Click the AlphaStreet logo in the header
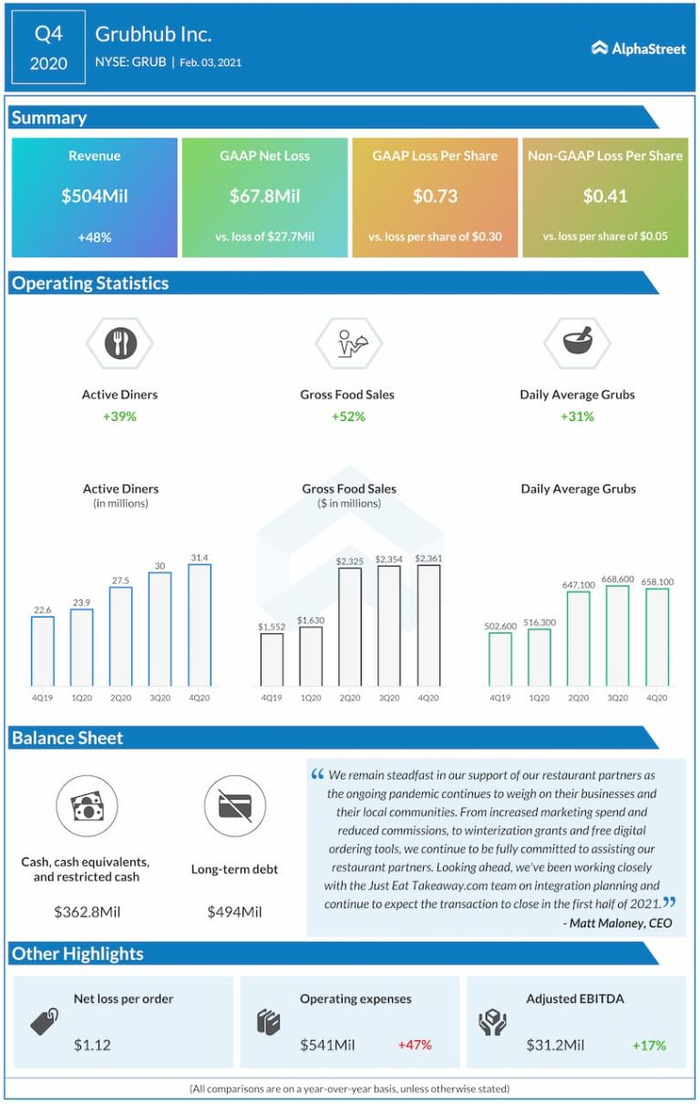pos(638,48)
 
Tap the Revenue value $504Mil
pos(95,196)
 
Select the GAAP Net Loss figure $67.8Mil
pos(265,196)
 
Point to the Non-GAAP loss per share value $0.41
pos(604,196)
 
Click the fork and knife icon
pos(119,343)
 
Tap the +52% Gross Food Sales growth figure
pos(347,416)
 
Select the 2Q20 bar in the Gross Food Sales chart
pos(349,627)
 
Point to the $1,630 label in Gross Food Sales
pos(310,619)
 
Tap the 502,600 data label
pos(500,626)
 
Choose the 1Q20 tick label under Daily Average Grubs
pos(539,698)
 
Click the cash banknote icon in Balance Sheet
pos(87,806)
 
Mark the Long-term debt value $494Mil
pos(234,912)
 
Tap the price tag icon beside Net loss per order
pos(43,1022)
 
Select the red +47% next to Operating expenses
pos(415,1045)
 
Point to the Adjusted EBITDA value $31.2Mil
pos(555,1045)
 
